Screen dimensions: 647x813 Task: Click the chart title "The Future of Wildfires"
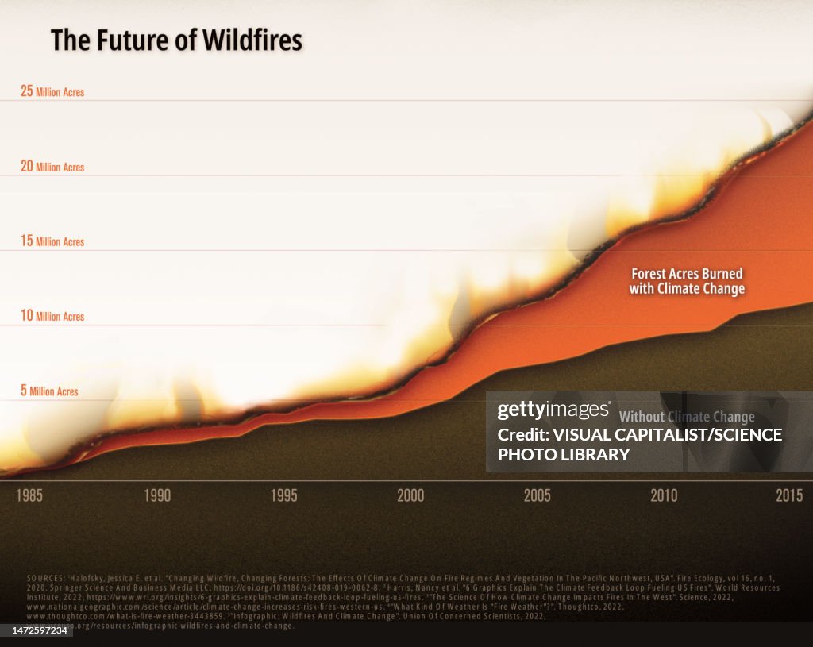point(176,40)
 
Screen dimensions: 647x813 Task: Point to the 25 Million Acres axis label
point(52,91)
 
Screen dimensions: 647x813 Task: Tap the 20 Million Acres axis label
point(52,167)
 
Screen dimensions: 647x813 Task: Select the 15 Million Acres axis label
point(52,241)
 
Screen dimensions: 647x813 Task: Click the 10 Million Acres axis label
point(52,316)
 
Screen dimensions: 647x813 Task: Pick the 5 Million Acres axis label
point(49,391)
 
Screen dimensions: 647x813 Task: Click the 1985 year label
point(29,496)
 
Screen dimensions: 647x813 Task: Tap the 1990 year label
point(156,496)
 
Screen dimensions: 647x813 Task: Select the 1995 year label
point(283,496)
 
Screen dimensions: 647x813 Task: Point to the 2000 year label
point(410,496)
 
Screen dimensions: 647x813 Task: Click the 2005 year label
point(537,496)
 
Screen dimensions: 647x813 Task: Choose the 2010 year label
point(664,496)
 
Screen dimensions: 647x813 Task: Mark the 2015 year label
point(789,496)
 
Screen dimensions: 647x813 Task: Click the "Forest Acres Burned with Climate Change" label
point(687,281)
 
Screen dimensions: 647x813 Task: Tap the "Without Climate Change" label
point(687,417)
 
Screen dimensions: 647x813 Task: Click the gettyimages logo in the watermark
point(553,410)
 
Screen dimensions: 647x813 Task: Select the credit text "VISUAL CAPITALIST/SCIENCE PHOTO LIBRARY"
point(639,445)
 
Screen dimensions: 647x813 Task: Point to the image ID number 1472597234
point(39,630)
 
